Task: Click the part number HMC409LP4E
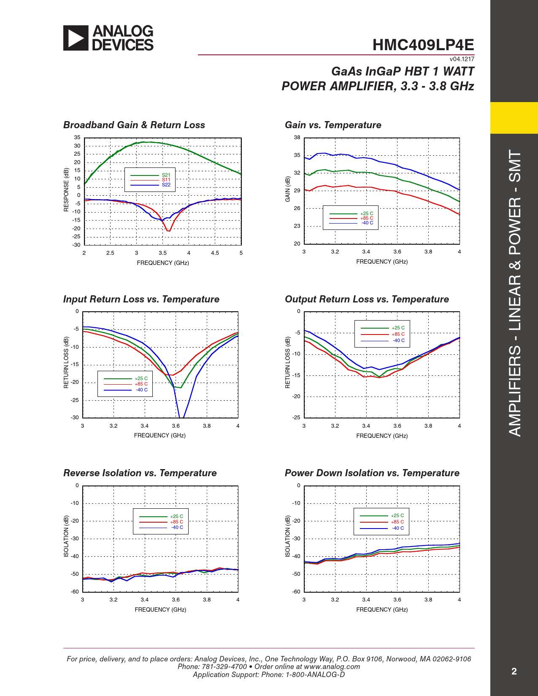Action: tap(423, 45)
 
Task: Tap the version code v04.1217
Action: tap(462, 59)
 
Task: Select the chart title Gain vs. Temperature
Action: tap(333, 125)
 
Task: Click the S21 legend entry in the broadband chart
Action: tap(166, 175)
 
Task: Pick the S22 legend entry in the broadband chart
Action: tap(166, 185)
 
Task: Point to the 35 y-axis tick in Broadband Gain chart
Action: tap(77, 138)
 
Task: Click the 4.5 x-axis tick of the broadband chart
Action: tap(215, 253)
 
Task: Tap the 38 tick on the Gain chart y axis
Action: tap(297, 138)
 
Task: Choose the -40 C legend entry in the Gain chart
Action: tap(367, 223)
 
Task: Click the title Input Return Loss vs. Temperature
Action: tap(141, 299)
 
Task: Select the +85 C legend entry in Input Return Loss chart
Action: tap(141, 384)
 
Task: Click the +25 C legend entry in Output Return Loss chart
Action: tap(398, 328)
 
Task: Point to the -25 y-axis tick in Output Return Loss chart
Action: tap(297, 418)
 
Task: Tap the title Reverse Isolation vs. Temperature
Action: tap(140, 473)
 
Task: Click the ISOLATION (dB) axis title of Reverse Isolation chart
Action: tap(66, 536)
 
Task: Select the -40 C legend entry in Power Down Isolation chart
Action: tap(397, 528)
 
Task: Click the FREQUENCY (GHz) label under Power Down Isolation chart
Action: tap(382, 610)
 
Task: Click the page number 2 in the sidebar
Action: tap(514, 671)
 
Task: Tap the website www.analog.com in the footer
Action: tap(332, 666)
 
